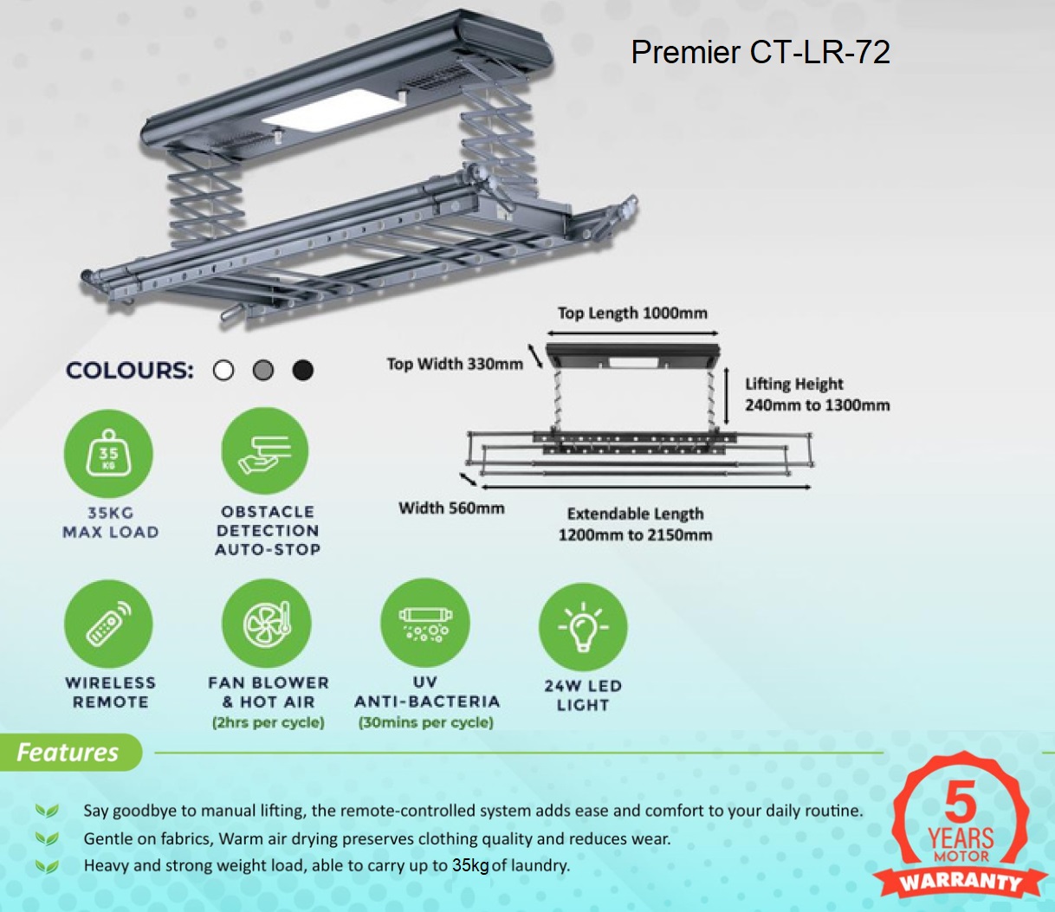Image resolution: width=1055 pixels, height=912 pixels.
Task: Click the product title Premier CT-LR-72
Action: point(761,52)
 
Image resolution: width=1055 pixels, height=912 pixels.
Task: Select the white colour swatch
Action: point(223,370)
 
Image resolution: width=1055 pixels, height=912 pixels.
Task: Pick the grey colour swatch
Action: point(263,370)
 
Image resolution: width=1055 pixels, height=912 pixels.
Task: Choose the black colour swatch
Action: point(303,370)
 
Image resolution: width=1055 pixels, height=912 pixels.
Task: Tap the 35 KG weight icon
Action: point(108,453)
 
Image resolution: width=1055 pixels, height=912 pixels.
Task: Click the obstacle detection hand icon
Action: point(265,451)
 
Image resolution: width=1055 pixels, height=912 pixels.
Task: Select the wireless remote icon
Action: point(108,624)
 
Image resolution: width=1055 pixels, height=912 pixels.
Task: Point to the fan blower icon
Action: point(267,623)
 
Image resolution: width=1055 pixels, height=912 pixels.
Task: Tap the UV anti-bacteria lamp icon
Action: point(425,623)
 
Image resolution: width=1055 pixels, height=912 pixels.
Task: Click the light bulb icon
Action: point(583,627)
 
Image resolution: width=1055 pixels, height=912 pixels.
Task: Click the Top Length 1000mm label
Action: point(632,313)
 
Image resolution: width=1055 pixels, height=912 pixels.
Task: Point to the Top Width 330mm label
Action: point(455,364)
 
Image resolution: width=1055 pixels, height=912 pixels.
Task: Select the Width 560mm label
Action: point(451,508)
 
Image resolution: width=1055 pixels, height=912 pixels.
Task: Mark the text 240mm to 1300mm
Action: point(817,405)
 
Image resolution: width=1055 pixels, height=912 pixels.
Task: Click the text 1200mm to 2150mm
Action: point(636,535)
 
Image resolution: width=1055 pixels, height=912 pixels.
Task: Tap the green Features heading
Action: point(68,753)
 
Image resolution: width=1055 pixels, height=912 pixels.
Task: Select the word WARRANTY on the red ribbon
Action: point(960,882)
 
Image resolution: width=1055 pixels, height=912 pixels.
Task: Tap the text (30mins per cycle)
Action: point(425,722)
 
